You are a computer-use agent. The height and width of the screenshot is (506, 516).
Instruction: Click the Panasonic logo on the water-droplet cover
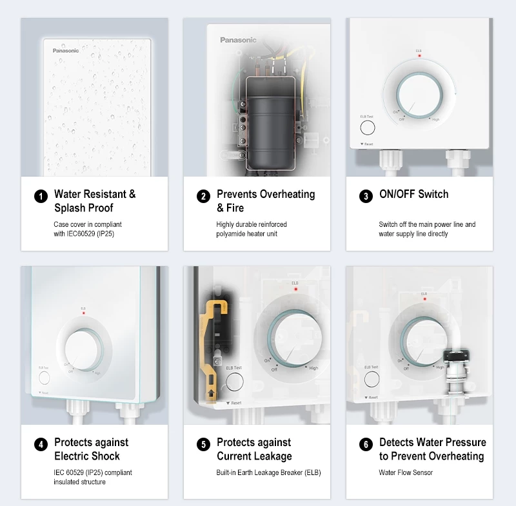point(66,50)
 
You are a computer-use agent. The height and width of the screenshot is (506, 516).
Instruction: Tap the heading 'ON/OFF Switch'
point(413,194)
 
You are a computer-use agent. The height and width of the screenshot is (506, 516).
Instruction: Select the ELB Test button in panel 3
point(368,128)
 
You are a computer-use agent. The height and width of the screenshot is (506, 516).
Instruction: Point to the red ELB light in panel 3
point(419,56)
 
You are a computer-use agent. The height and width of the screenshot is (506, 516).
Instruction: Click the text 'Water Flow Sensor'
point(406,472)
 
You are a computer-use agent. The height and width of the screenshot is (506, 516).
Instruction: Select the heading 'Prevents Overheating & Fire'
point(265,200)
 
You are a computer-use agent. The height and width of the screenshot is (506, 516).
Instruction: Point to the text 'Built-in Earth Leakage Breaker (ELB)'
point(268,472)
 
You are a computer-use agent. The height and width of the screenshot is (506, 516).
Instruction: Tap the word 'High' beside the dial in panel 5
point(313,368)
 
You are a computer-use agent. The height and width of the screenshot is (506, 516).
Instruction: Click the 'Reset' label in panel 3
point(368,144)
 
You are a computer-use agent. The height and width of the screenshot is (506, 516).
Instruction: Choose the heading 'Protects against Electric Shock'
point(91,449)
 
